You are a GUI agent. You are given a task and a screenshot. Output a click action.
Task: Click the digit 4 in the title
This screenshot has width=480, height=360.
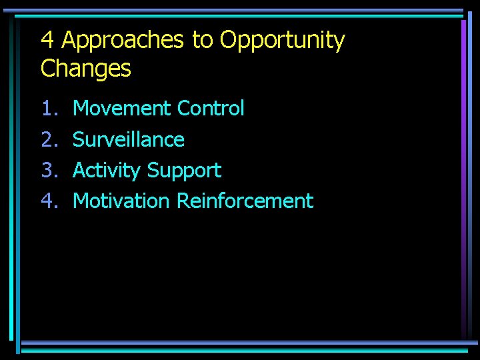click(x=47, y=41)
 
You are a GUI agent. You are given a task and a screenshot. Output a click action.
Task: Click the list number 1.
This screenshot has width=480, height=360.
click(x=49, y=108)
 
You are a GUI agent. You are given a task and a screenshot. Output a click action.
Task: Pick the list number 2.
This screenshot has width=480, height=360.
click(x=49, y=139)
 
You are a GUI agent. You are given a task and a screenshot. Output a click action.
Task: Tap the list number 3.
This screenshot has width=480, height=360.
click(x=49, y=170)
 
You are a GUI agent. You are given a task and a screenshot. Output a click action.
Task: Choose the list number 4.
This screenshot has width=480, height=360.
click(x=49, y=201)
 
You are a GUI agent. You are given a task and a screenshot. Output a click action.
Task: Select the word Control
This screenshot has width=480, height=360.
click(x=211, y=108)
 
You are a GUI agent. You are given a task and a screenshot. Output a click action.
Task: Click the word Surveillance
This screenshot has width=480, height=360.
click(x=129, y=139)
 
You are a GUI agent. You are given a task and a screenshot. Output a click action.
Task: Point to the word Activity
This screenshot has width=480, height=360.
click(x=107, y=171)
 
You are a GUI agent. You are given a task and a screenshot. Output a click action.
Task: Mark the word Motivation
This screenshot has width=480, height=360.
click(x=121, y=201)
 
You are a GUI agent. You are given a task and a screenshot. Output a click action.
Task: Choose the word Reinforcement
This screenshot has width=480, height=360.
click(x=245, y=201)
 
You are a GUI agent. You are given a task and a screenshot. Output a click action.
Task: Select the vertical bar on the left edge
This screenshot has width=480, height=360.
click(x=12, y=180)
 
